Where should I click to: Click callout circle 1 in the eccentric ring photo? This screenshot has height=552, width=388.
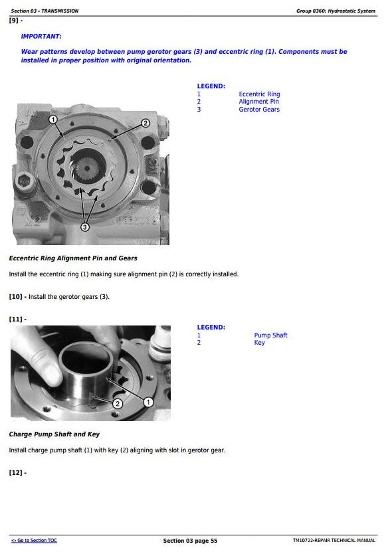[x=52, y=120]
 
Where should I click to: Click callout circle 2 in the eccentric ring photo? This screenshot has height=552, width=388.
[x=145, y=123]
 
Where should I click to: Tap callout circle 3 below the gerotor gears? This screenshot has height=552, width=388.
[x=85, y=227]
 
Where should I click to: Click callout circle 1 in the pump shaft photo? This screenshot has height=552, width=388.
[x=148, y=402]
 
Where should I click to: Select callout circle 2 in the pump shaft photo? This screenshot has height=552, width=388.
[x=118, y=403]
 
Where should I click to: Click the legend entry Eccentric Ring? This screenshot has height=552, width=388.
[x=259, y=94]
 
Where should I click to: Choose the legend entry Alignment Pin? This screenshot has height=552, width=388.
[x=259, y=102]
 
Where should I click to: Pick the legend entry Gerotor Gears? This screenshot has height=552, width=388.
[x=259, y=109]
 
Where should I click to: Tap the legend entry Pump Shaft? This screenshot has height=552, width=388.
[x=271, y=335]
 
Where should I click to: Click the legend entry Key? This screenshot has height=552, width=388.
[x=260, y=343]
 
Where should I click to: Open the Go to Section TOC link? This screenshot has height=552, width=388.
[x=34, y=541]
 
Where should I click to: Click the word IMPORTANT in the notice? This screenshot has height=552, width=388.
[x=41, y=37]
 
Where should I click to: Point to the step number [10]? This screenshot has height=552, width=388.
[x=15, y=297]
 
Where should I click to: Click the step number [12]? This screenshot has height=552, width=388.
[x=15, y=472]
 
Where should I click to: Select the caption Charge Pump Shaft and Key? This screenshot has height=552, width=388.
[x=54, y=434]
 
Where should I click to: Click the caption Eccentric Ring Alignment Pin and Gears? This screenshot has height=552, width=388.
[x=73, y=258]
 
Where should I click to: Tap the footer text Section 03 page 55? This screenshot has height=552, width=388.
[x=190, y=541]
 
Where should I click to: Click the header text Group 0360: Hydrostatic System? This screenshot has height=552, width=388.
[x=336, y=11]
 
